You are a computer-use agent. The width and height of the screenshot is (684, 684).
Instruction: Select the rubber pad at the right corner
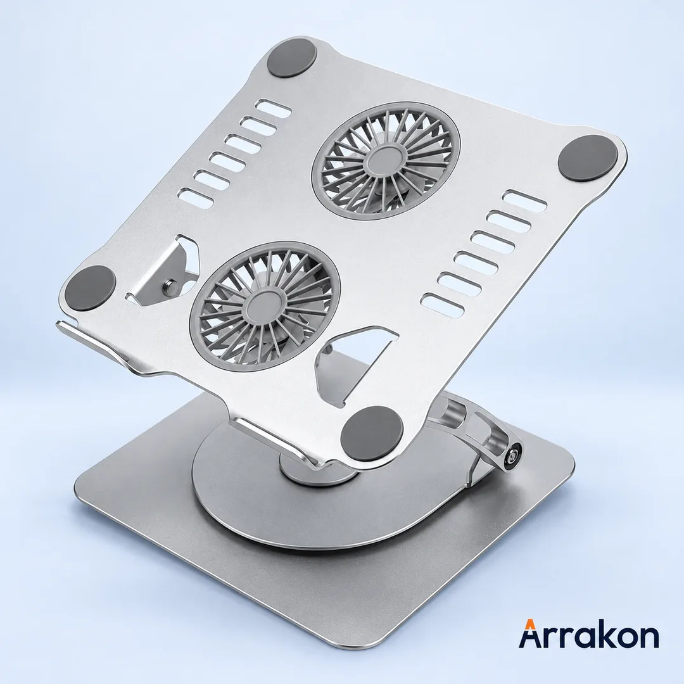coord(588,159)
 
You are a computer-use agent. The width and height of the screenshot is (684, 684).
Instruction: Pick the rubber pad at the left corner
coord(91,288)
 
